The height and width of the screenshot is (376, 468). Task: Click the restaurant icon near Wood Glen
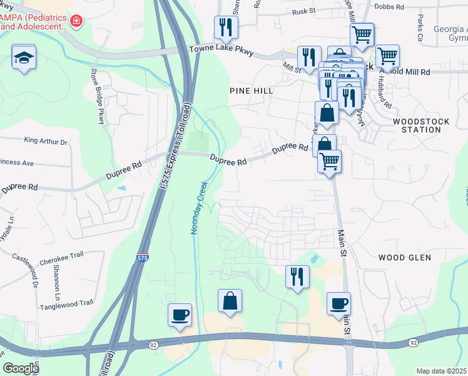tap(297, 276)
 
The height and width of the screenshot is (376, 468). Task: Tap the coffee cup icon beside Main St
tap(338, 304)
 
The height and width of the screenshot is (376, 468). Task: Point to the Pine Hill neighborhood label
tap(252, 91)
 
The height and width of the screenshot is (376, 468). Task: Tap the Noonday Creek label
tap(197, 208)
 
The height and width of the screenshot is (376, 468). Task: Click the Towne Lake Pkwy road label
tap(221, 51)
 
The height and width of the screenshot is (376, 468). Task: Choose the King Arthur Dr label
tap(45, 141)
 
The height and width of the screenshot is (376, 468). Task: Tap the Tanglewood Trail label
tap(66, 303)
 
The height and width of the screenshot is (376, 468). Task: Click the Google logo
tap(21, 369)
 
